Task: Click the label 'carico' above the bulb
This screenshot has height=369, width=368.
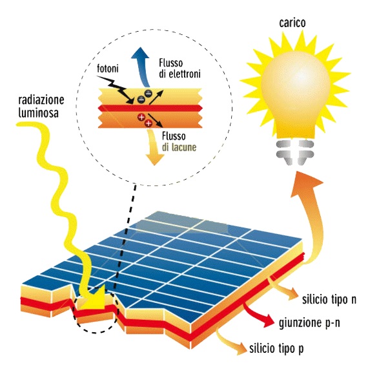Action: pyautogui.click(x=292, y=23)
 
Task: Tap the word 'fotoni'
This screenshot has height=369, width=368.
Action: pyautogui.click(x=108, y=69)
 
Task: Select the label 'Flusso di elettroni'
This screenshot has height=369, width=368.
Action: pyautogui.click(x=179, y=69)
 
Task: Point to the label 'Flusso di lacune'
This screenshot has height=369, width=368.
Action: pyautogui.click(x=179, y=142)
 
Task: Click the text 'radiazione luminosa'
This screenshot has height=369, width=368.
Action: pyautogui.click(x=41, y=107)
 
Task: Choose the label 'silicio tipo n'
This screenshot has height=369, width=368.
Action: pyautogui.click(x=329, y=300)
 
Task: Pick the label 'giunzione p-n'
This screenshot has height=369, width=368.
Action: pyautogui.click(x=309, y=323)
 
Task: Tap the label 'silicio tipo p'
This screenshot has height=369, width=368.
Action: pyautogui.click(x=276, y=348)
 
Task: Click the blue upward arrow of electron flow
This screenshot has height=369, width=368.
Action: pyautogui.click(x=142, y=69)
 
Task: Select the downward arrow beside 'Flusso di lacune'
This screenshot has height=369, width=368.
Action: pyautogui.click(x=154, y=147)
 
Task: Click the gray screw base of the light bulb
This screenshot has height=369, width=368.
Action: pyautogui.click(x=294, y=153)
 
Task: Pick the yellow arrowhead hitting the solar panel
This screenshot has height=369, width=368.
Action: pyautogui.click(x=96, y=298)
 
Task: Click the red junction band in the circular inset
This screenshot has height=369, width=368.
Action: pyautogui.click(x=150, y=109)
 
